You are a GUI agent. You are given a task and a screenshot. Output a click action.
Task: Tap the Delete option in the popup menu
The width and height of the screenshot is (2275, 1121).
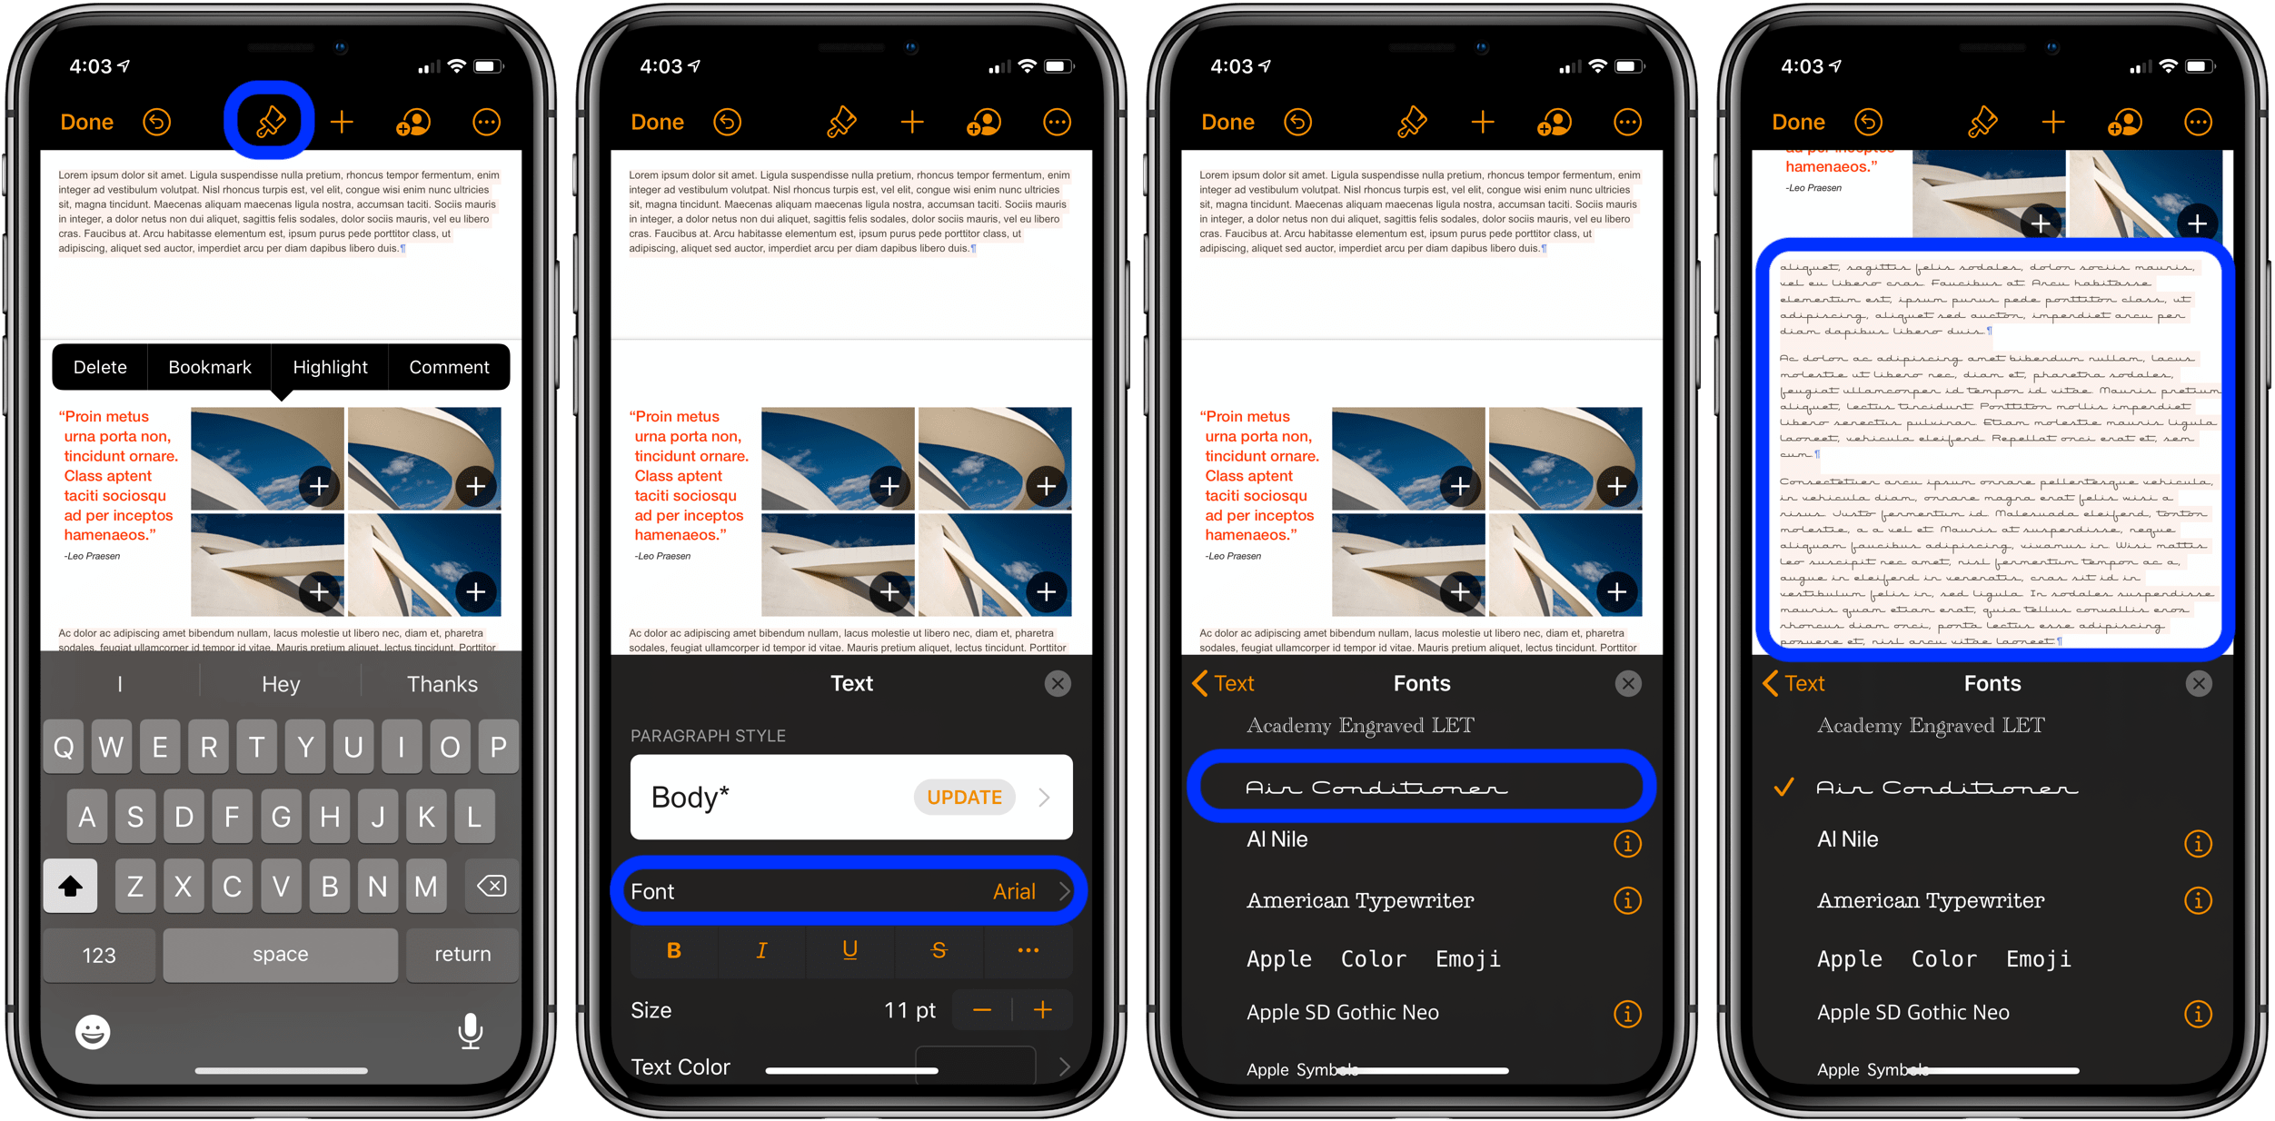tap(100, 367)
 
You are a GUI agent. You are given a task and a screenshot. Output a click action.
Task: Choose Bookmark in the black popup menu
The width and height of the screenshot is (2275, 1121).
tap(210, 367)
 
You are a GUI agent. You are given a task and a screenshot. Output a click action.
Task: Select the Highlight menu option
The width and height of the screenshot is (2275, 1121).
tap(330, 367)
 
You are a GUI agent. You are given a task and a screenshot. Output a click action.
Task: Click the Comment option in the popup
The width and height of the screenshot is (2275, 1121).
tap(449, 367)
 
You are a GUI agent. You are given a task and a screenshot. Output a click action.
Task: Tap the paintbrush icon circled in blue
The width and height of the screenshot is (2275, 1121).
tap(270, 122)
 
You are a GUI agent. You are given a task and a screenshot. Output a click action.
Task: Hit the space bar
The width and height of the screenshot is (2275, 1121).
tap(280, 955)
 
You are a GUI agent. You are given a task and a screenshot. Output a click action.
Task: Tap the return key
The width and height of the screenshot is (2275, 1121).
tap(462, 955)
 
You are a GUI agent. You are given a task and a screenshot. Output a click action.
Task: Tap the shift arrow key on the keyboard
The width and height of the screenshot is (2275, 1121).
tap(70, 886)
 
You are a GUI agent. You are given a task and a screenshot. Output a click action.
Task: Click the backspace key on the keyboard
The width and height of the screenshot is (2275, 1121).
tap(492, 886)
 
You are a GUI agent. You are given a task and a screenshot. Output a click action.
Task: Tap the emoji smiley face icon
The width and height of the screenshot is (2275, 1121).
tap(93, 1032)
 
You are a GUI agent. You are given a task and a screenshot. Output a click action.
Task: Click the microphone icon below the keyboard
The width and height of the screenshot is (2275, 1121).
tap(470, 1032)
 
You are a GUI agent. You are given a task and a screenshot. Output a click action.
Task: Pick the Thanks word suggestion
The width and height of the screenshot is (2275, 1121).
tap(442, 684)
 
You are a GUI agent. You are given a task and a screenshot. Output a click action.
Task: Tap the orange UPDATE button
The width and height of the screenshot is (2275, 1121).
tap(964, 798)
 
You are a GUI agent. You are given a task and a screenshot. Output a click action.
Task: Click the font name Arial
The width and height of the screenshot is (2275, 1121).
tap(1014, 892)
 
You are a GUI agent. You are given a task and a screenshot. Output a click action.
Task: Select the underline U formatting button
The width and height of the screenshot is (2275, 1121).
tap(849, 950)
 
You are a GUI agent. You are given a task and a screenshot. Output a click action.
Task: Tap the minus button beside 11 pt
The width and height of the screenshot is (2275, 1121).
tap(982, 1010)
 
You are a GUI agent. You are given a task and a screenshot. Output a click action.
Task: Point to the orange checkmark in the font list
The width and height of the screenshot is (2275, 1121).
tap(1784, 788)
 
